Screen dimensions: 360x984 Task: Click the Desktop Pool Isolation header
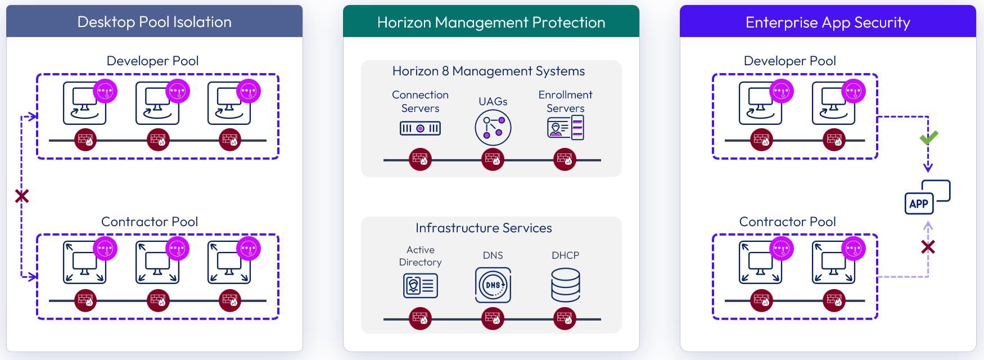point(155,22)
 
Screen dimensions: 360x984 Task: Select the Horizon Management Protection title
point(491,22)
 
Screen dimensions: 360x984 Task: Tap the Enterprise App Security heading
point(828,22)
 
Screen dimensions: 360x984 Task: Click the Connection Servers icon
point(420,128)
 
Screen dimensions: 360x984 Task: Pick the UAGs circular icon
point(493,128)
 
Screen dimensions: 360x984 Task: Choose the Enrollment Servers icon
point(566,128)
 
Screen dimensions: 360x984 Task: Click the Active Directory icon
point(421,286)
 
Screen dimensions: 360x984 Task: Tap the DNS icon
point(493,285)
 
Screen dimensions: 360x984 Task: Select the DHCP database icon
point(566,285)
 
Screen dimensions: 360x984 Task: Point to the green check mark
point(928,137)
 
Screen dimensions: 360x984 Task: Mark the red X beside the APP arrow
point(928,246)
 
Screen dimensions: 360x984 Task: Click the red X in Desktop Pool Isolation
point(22,196)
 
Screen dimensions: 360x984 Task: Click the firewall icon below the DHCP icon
point(565,318)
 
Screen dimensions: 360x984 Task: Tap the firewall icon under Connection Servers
point(420,160)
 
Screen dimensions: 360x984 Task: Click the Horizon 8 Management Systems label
point(489,71)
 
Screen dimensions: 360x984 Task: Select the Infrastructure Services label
point(484,228)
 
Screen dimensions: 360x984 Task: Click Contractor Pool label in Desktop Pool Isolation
point(150,222)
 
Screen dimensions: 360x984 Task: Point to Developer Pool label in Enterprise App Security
point(789,61)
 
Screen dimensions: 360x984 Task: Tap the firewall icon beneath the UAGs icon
point(493,160)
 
